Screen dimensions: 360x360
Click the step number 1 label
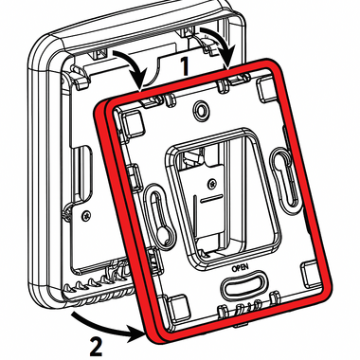[x=184, y=65]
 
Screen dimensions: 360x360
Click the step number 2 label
[x=96, y=347]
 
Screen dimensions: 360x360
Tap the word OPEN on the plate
[x=241, y=268]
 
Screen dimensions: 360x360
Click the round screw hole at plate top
[x=201, y=110]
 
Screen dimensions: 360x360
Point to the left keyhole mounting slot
[x=158, y=214]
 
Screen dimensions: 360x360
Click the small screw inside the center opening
[x=213, y=183]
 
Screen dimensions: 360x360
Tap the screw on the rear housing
[x=85, y=216]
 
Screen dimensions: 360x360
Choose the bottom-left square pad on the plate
[x=177, y=306]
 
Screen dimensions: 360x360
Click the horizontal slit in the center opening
[x=211, y=200]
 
